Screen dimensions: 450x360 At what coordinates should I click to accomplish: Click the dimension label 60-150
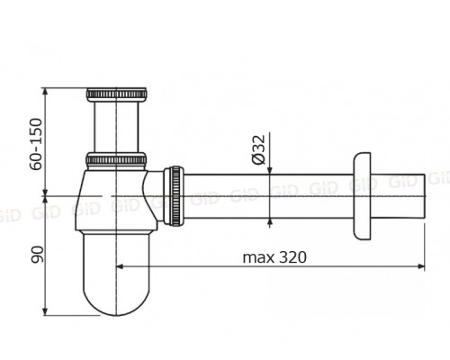(x=36, y=144)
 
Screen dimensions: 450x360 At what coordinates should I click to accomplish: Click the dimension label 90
(x=38, y=255)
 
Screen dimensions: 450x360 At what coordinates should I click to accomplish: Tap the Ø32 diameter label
(x=258, y=149)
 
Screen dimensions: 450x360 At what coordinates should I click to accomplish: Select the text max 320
(x=274, y=257)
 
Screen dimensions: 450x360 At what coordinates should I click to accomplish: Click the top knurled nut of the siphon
(x=116, y=94)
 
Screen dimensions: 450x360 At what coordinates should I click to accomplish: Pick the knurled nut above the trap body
(x=116, y=159)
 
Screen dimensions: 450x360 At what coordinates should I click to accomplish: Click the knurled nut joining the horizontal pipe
(x=174, y=195)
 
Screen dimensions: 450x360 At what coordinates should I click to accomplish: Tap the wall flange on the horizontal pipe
(x=363, y=196)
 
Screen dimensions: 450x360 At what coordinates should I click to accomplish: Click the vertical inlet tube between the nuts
(x=116, y=127)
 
